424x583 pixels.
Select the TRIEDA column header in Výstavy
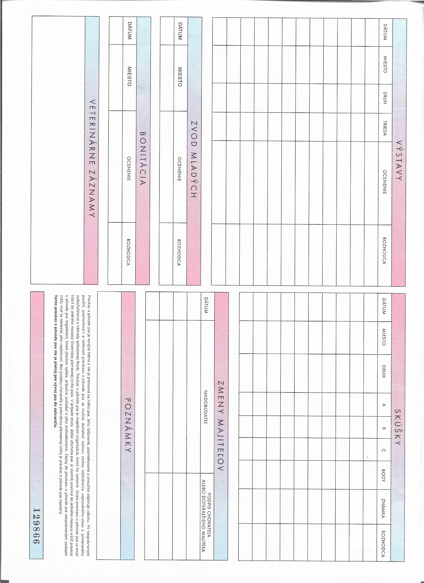click(385, 128)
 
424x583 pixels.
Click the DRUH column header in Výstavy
click(385, 98)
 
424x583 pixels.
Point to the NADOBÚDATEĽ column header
click(206, 396)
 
